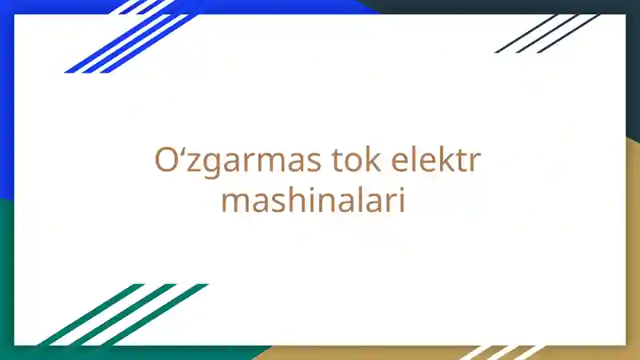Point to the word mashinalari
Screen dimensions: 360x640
[x=313, y=200]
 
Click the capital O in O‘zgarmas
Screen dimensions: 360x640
[x=164, y=161]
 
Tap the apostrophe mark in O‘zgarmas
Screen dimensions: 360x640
[x=178, y=152]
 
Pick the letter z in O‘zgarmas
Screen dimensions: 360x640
[x=189, y=163]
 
